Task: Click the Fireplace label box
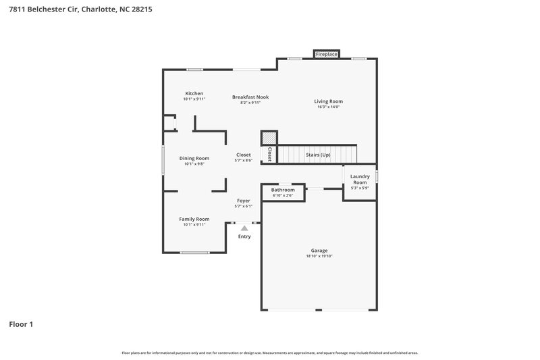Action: [327, 53]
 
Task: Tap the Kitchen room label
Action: [194, 93]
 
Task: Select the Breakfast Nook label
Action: [250, 97]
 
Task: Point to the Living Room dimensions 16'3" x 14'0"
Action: [329, 107]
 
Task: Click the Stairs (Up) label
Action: [318, 154]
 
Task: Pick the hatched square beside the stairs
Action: [269, 137]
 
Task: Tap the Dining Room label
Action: [194, 158]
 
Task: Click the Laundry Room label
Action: [360, 180]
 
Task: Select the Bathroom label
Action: [283, 190]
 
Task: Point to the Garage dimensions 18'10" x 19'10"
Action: [319, 256]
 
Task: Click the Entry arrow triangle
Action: [244, 229]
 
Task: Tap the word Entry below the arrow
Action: [244, 236]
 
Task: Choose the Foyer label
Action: [244, 201]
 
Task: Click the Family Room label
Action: [194, 219]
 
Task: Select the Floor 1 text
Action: [21, 324]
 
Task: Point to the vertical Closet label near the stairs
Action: [269, 154]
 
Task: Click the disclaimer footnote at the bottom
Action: [270, 353]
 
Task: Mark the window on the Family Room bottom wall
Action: [194, 253]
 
